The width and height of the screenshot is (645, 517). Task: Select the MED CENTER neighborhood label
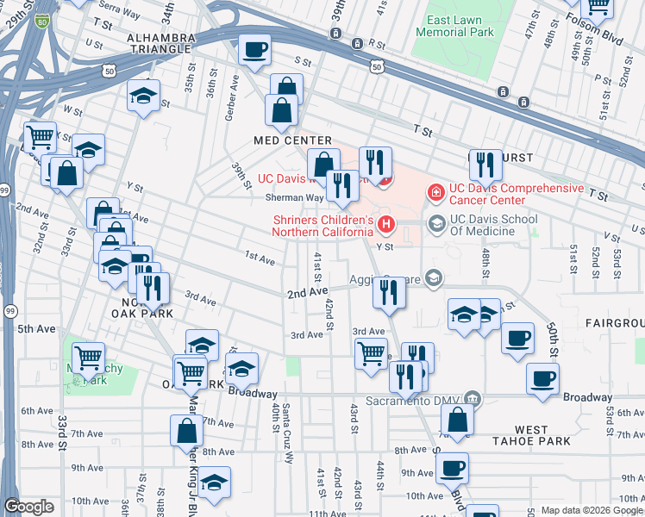[292, 140]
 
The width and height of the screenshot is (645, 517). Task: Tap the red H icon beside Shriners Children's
[386, 226]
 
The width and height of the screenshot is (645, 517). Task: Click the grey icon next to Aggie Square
[433, 277]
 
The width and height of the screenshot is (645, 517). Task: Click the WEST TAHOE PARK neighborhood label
[531, 435]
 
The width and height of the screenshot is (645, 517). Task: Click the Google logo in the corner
[28, 506]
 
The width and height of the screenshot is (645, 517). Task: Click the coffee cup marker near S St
[254, 51]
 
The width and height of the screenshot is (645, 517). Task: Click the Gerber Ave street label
[231, 92]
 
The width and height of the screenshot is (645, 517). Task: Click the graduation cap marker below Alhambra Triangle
[143, 97]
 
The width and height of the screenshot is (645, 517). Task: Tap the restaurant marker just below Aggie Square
[390, 293]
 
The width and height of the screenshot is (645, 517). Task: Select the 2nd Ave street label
[306, 294]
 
